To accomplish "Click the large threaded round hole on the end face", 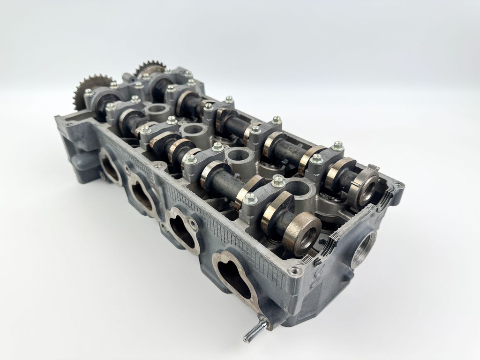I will [x=364, y=248].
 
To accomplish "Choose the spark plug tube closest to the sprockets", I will [x=155, y=111].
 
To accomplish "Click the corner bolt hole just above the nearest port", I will [x=294, y=270].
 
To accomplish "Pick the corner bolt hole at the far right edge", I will [x=398, y=186].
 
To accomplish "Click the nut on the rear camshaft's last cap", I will [x=337, y=146].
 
